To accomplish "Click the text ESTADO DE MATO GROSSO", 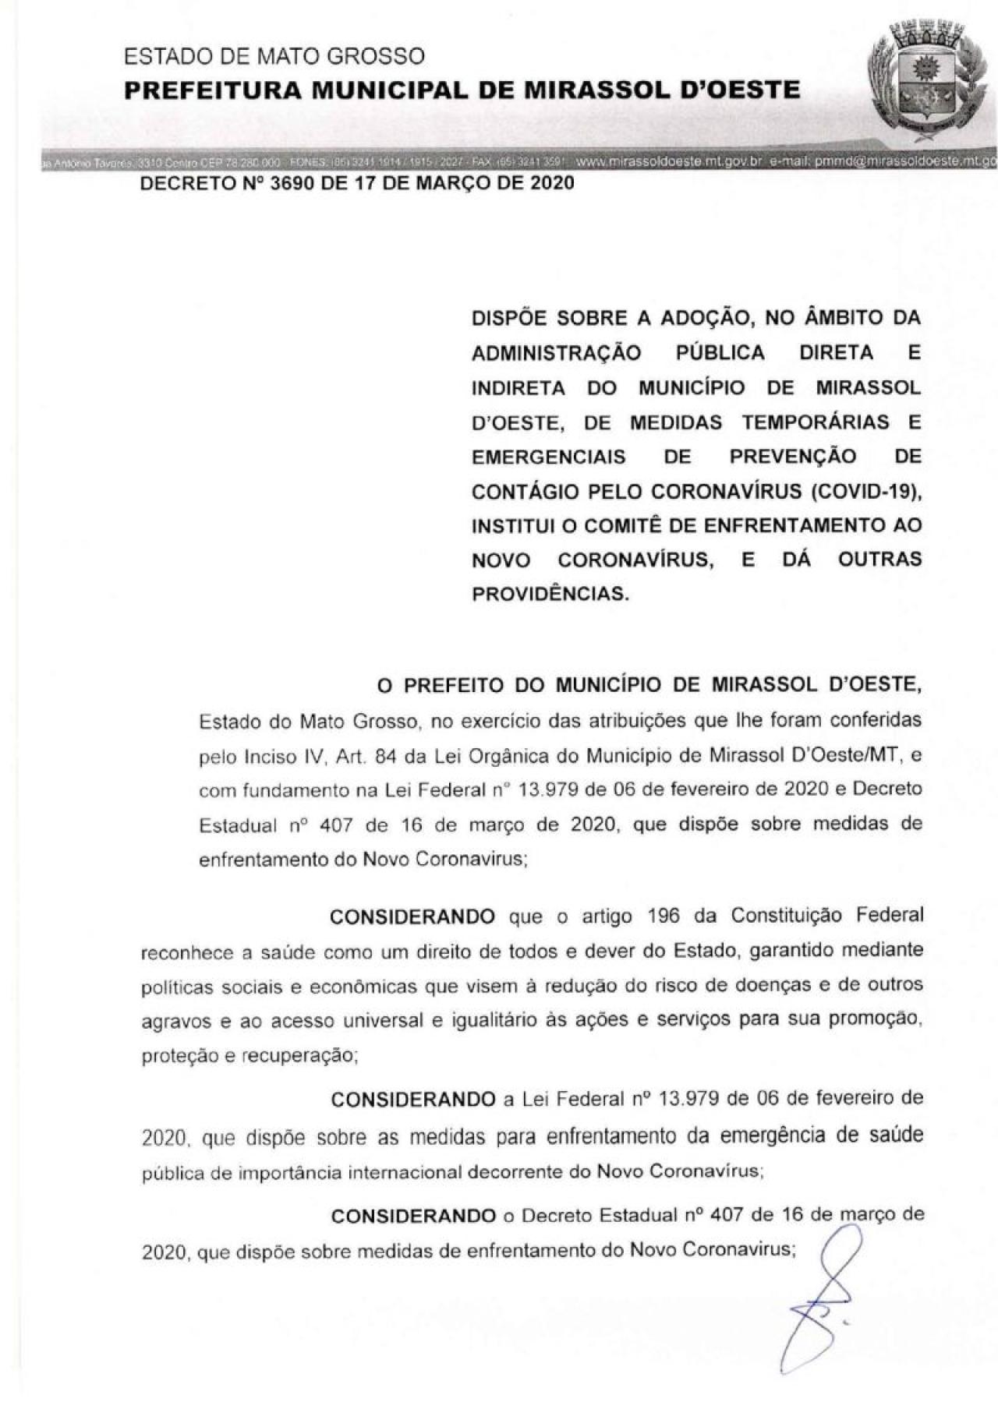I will point(274,56).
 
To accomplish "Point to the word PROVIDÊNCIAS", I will point(550,593).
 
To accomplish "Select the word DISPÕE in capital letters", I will point(508,318).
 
